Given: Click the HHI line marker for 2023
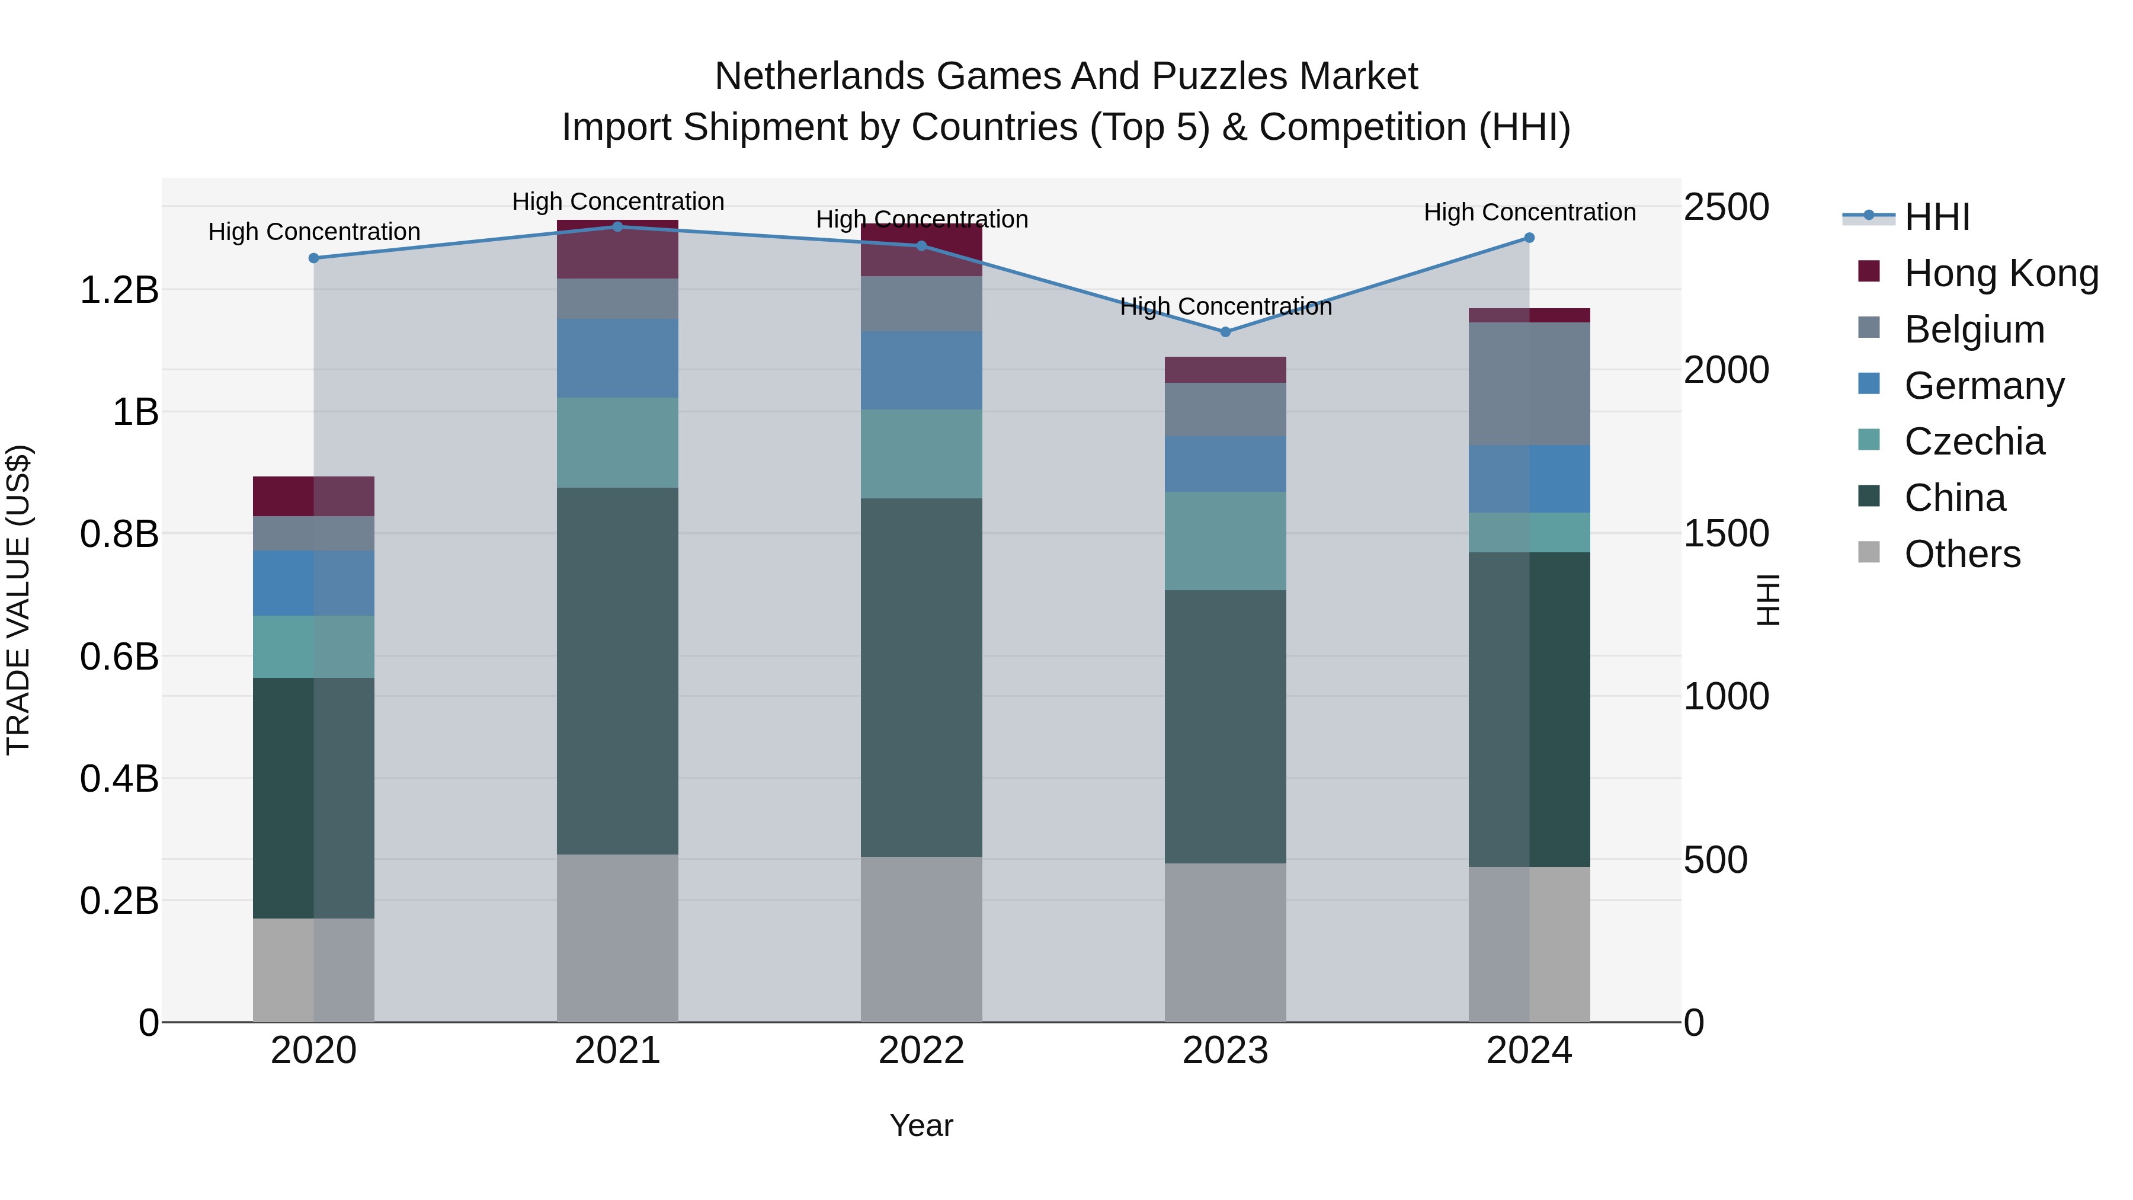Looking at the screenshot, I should (1225, 332).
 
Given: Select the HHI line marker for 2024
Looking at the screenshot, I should (1529, 238).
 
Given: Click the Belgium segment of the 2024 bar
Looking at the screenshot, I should (1529, 383).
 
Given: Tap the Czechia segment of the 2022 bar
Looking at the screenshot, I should (921, 454).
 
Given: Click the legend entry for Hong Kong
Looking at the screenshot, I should (2000, 273).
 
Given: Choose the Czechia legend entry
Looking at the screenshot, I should (1974, 441).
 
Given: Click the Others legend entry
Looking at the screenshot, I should (1962, 554).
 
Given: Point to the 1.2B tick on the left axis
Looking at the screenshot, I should (118, 290).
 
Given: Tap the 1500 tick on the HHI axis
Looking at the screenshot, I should (1727, 533).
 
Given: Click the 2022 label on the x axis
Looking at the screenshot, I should (921, 1051).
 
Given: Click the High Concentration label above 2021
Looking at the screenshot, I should (618, 201).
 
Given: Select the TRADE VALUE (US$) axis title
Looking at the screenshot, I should (18, 600).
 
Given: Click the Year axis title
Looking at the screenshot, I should (921, 1125).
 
